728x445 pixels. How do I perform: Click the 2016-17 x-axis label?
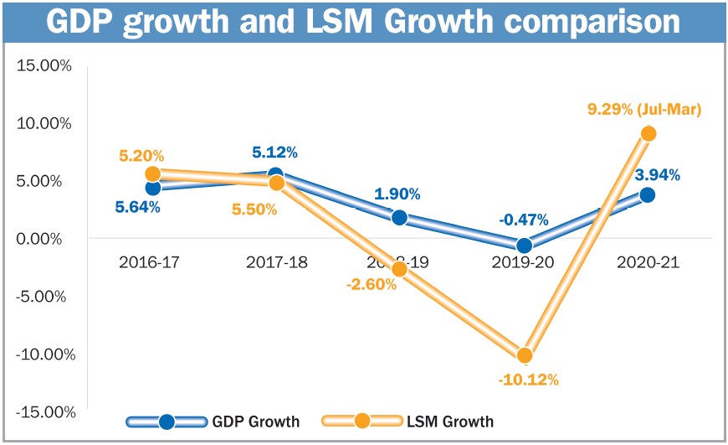(x=150, y=262)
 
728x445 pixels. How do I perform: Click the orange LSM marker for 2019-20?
(x=525, y=355)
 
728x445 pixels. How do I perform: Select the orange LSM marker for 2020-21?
(x=649, y=133)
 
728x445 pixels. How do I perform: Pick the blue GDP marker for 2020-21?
(x=647, y=194)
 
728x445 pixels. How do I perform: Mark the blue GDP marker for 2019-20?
(x=525, y=246)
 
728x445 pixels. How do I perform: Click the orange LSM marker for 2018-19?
(x=399, y=269)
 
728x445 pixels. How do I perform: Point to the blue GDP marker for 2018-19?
(x=399, y=218)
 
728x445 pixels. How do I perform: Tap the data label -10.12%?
(x=527, y=380)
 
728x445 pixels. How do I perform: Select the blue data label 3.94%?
(x=657, y=175)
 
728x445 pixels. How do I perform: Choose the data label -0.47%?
(x=523, y=220)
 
